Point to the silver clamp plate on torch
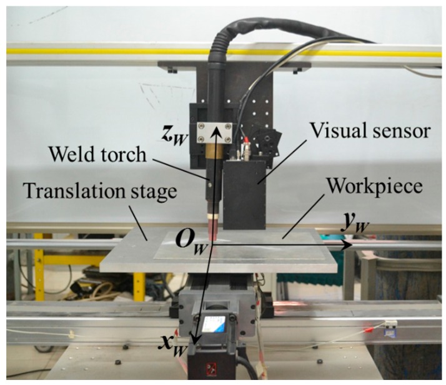point(215,135)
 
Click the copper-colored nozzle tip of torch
point(214,231)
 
